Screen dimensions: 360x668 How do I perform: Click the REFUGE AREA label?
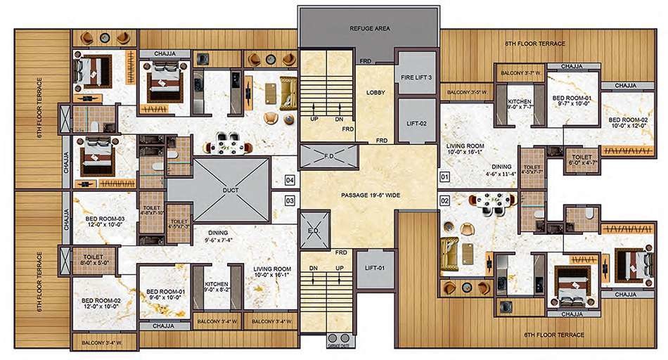pos(370,29)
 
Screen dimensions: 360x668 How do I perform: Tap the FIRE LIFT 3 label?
pos(416,78)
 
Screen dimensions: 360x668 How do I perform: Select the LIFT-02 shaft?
pos(416,123)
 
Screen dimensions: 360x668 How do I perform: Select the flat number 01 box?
pos(444,176)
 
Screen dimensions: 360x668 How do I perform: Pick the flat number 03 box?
pos(290,201)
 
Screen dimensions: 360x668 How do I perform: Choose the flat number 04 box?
pos(290,180)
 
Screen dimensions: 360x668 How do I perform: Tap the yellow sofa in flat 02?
pos(449,253)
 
